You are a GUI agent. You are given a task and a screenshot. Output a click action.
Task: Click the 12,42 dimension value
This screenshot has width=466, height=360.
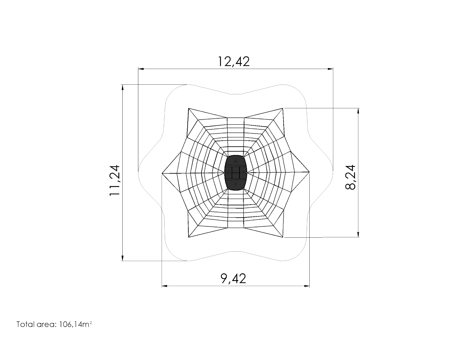click(x=234, y=62)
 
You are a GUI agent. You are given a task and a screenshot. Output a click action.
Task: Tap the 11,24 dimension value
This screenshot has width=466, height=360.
click(x=115, y=180)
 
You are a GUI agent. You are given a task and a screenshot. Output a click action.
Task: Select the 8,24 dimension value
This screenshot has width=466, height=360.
click(x=350, y=177)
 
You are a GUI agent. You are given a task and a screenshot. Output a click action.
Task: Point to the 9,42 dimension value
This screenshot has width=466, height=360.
click(x=233, y=279)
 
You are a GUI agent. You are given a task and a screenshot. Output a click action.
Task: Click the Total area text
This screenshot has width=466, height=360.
click(x=54, y=324)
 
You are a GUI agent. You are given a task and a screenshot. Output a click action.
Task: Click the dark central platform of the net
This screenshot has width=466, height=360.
click(x=236, y=173)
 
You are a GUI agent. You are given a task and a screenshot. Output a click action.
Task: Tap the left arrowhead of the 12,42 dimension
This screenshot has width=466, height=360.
click(x=141, y=69)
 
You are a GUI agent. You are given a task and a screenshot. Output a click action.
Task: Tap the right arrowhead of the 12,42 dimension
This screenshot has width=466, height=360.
click(x=330, y=69)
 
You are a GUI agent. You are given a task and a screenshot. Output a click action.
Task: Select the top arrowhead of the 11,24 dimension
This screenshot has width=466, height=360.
click(x=123, y=87)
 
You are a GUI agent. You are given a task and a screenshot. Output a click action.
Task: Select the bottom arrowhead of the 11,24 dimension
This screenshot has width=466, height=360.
click(x=123, y=258)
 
